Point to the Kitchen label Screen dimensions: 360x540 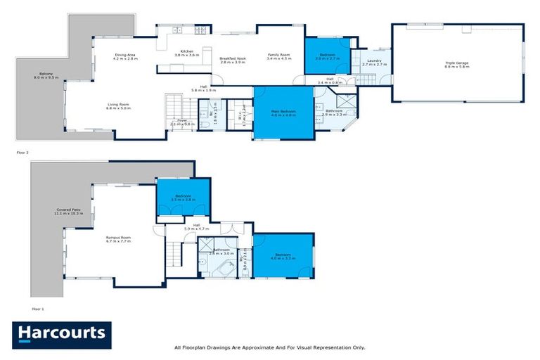pyautogui.click(x=187, y=53)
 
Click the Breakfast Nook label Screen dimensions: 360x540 pyautogui.click(x=232, y=60)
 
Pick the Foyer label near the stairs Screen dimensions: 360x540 pyautogui.click(x=181, y=121)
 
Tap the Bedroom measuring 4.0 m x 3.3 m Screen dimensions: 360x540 pyautogui.click(x=283, y=256)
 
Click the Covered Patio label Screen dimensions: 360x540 pyautogui.click(x=69, y=211)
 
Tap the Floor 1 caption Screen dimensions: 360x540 pyautogui.click(x=37, y=309)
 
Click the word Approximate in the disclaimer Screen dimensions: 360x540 pyautogui.click(x=253, y=347)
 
